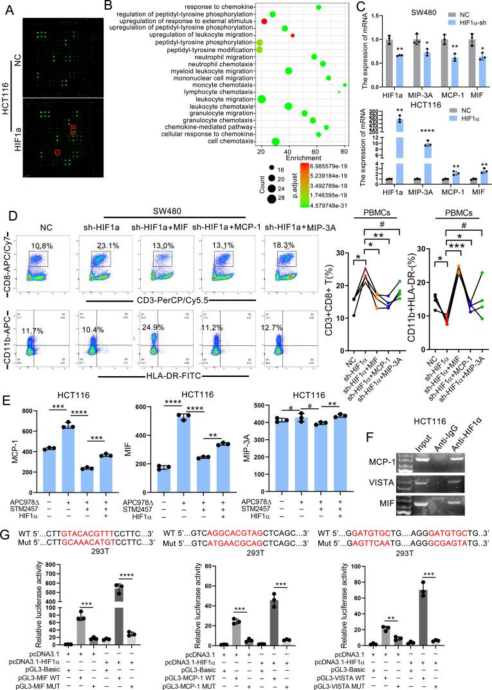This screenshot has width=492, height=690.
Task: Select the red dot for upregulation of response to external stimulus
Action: click(x=264, y=21)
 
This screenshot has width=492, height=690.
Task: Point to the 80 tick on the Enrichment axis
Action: click(x=344, y=151)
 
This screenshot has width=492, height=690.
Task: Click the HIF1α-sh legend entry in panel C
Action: click(x=454, y=23)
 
